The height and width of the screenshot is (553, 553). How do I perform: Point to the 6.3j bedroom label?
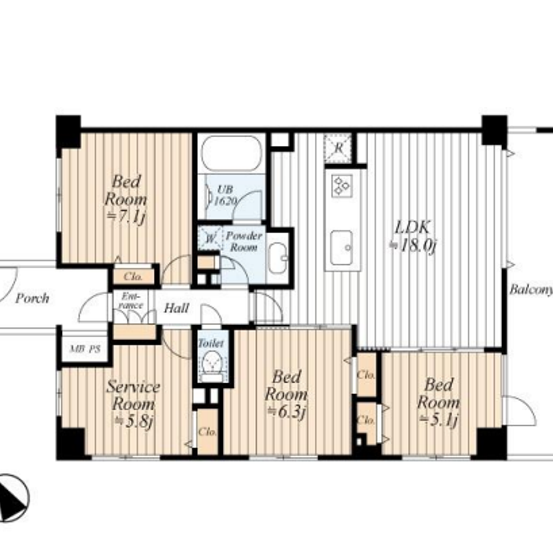(x=286, y=394)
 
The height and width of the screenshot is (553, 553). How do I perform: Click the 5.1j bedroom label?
(x=439, y=402)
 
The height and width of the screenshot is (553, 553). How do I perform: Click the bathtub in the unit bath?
(x=231, y=153)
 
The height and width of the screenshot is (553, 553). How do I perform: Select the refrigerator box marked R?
(x=338, y=148)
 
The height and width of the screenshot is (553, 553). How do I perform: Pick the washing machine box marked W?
(x=210, y=238)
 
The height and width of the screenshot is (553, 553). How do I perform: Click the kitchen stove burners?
(x=342, y=185)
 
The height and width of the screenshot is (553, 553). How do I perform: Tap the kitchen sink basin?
(x=341, y=248)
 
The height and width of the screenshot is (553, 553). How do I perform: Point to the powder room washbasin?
(x=278, y=258)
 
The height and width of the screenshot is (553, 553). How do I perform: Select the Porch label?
(x=32, y=299)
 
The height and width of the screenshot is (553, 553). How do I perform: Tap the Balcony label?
(x=531, y=290)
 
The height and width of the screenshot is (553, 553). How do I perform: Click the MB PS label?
(x=85, y=349)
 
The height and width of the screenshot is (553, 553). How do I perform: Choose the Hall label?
(x=176, y=308)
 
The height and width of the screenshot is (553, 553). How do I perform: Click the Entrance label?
(x=131, y=301)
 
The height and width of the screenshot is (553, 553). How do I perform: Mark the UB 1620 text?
(x=225, y=195)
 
